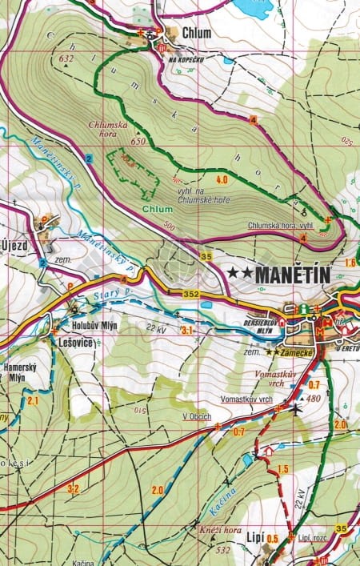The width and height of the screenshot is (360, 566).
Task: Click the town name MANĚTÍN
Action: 278,273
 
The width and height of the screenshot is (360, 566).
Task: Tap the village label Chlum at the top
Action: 196,33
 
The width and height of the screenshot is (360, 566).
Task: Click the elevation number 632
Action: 66,58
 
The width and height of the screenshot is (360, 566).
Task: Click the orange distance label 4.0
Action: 222,179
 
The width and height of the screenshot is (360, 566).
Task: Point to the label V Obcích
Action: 196,417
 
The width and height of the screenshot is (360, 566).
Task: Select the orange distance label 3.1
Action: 188,330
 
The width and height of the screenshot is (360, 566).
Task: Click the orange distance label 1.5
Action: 282,469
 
